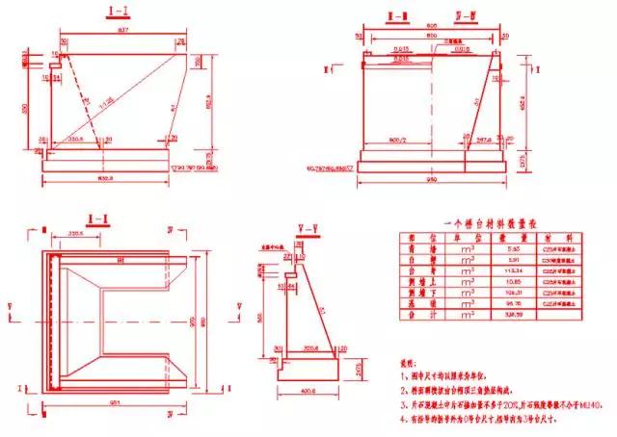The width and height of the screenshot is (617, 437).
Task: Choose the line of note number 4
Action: coord(482,393)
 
